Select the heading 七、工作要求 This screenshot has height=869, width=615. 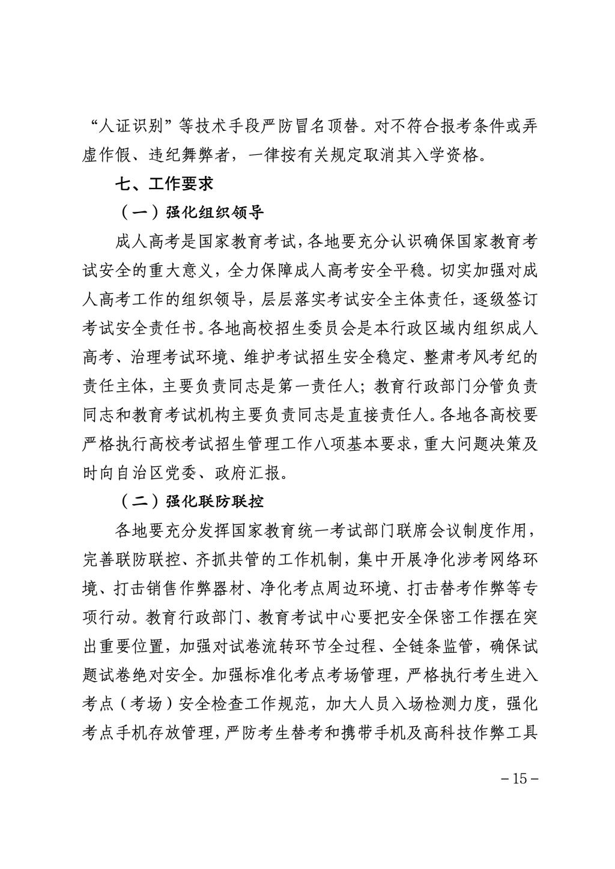164,183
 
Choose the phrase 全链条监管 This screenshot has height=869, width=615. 432,645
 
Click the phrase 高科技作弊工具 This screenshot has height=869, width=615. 480,732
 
